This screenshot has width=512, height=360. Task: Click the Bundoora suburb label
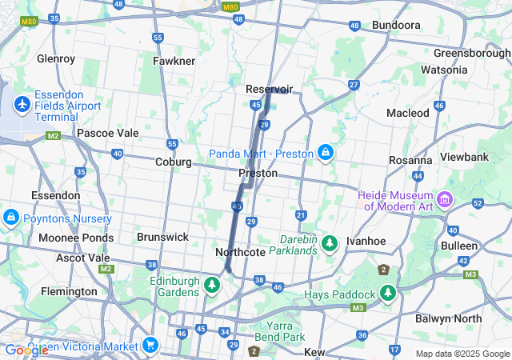[x=396, y=25]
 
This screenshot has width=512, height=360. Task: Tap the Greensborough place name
[x=472, y=54]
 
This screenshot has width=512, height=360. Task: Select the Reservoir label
[x=270, y=89]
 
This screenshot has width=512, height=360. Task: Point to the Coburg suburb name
[x=174, y=162]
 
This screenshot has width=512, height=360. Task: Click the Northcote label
[x=240, y=252]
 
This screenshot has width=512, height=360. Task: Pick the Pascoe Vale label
[x=107, y=133]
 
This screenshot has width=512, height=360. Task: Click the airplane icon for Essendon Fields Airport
[x=22, y=105]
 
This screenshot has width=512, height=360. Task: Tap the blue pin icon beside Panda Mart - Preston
[x=326, y=152]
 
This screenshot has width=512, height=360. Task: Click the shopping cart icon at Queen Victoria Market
[x=150, y=346]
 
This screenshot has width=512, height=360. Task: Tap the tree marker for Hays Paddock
[x=389, y=293]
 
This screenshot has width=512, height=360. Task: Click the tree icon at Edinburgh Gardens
[x=212, y=284]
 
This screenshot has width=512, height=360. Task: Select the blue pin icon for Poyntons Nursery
[x=10, y=217]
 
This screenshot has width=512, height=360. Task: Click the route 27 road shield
[x=354, y=85]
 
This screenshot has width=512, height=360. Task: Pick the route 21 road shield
[x=301, y=215]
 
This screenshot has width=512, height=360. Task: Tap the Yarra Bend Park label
[x=282, y=331]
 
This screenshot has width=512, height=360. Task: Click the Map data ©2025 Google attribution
[x=462, y=354]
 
